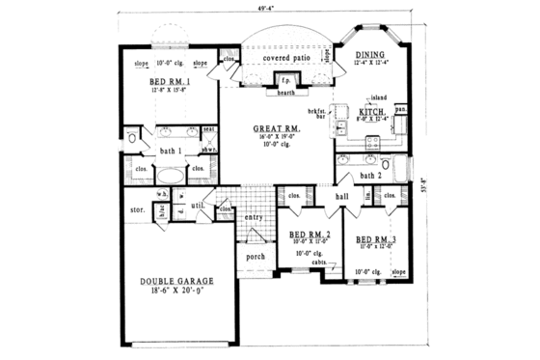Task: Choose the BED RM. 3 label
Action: (x=374, y=237)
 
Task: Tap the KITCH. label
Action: (x=373, y=113)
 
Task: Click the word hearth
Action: (x=285, y=94)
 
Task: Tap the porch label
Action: (x=255, y=257)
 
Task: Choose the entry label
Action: (x=254, y=218)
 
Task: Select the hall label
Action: (x=340, y=197)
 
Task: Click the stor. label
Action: (x=135, y=208)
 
